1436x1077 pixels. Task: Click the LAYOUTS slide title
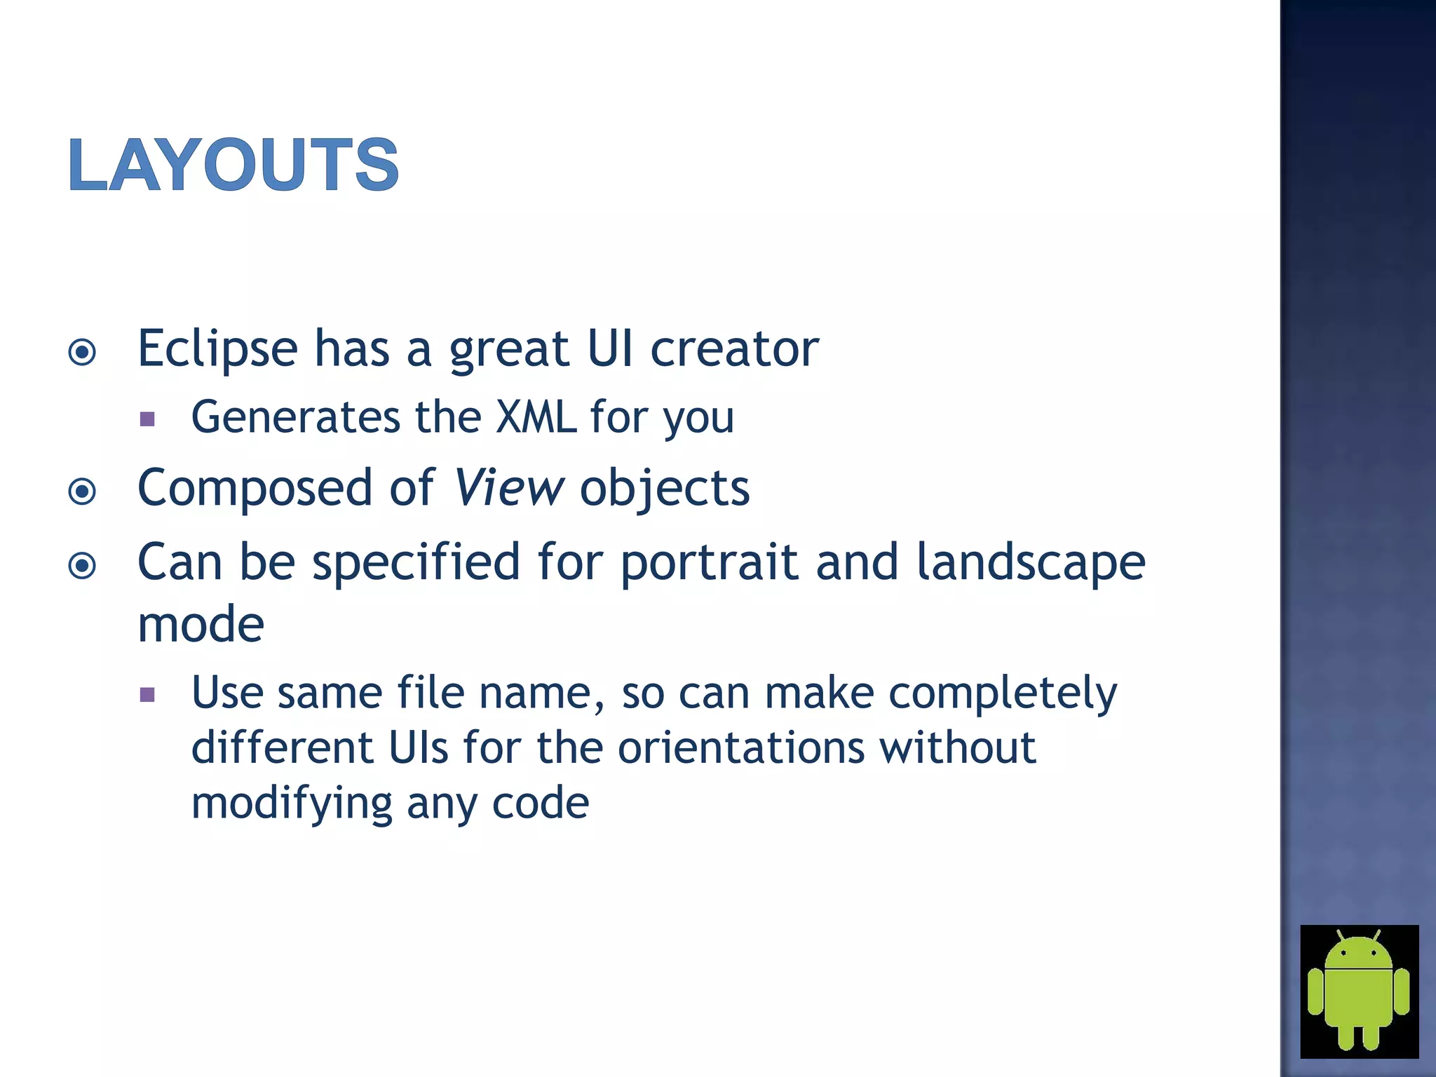point(233,165)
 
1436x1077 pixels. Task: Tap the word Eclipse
point(217,348)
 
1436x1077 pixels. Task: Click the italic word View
point(508,487)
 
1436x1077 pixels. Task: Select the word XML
point(536,417)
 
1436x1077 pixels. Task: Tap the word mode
point(201,624)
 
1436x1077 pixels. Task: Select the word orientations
point(741,747)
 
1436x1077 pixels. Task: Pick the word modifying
point(292,803)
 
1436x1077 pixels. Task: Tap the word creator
point(735,348)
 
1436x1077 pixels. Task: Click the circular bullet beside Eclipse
point(83,352)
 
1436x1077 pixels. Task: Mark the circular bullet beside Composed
point(83,492)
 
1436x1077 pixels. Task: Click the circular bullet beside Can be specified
point(83,565)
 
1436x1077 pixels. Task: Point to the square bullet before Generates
point(147,419)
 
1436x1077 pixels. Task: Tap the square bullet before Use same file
point(147,695)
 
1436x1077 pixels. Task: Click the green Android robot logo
point(1359,991)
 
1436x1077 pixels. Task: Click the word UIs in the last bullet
point(418,747)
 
